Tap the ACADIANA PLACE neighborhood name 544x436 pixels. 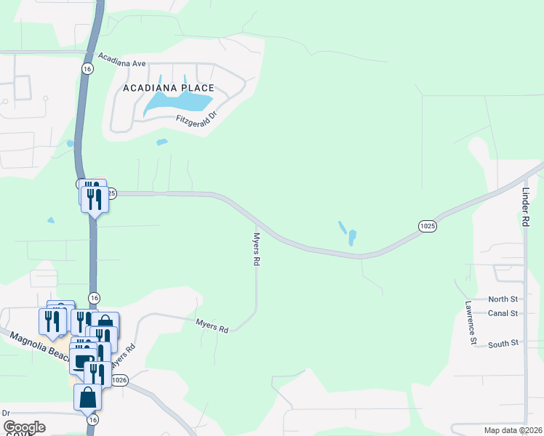coord(168,88)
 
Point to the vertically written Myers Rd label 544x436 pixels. coord(256,249)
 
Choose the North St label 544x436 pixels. coord(503,299)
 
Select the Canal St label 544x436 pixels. coord(503,313)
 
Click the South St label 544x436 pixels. coord(503,343)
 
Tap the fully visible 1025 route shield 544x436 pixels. coord(428,227)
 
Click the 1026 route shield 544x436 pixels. coord(120,380)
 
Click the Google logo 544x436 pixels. coord(24,427)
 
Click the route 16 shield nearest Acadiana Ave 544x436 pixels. coord(88,68)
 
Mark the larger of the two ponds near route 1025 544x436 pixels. coord(352,237)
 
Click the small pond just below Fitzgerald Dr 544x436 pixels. coord(161,142)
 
